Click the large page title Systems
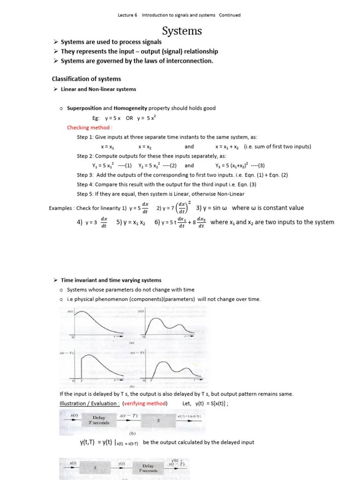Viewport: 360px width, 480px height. pos(182,31)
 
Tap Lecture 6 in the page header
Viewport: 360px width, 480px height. pos(127,15)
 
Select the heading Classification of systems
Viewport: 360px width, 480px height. pos(86,79)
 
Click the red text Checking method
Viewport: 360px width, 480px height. pos(90,127)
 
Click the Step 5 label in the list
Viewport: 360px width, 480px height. pos(86,194)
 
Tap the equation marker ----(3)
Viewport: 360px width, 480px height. pos(256,165)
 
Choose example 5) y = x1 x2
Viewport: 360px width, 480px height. pos(132,222)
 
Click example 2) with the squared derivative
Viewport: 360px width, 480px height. pos(173,208)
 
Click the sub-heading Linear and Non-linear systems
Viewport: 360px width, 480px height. pos(98,89)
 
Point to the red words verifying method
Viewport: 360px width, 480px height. pos(145,403)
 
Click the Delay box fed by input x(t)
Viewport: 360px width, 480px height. pos(99,420)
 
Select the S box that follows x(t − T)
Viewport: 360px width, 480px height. pos(158,420)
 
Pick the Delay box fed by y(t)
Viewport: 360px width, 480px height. pos(149,468)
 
